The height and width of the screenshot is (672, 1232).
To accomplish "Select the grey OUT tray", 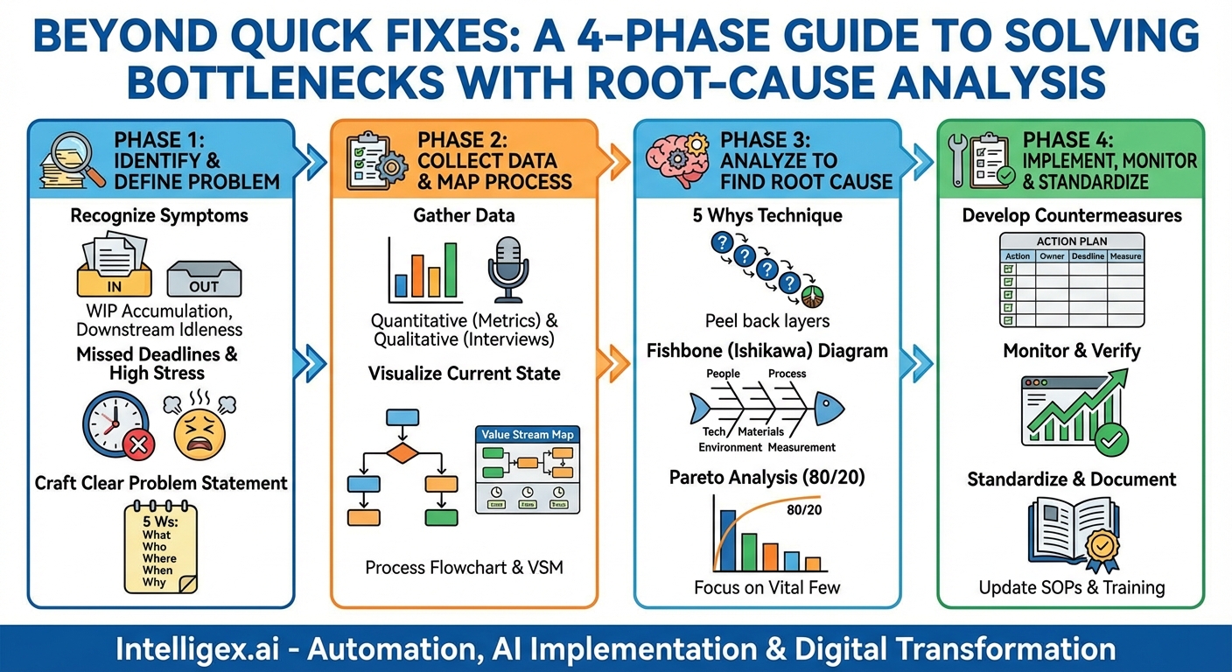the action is pos(204,279).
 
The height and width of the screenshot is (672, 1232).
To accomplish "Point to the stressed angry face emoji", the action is pos(199,426).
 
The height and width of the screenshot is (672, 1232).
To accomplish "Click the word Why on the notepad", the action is pos(154,582).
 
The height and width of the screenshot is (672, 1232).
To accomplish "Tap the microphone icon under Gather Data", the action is pos(508,269).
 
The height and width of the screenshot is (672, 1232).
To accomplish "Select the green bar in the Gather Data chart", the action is pos(451,270).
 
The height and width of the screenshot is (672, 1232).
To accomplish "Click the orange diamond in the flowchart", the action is pos(402,453).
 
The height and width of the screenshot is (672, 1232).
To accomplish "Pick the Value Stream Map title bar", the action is pos(528,434).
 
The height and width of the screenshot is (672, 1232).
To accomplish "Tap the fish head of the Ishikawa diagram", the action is pos(829,409).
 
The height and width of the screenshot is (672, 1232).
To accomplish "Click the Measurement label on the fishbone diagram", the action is pos(801,448).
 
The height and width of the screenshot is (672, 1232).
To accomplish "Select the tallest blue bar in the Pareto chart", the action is pos(728,541).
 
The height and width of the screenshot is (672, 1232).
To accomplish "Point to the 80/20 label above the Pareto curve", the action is pos(804,510).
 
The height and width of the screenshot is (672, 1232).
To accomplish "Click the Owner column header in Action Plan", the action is pos(1052,256).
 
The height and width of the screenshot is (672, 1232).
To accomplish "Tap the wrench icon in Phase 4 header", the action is pos(957,160).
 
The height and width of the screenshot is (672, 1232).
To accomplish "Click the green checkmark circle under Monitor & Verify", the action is pos(1111,440).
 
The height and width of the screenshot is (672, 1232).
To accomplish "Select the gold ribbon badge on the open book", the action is pos(1102,549).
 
